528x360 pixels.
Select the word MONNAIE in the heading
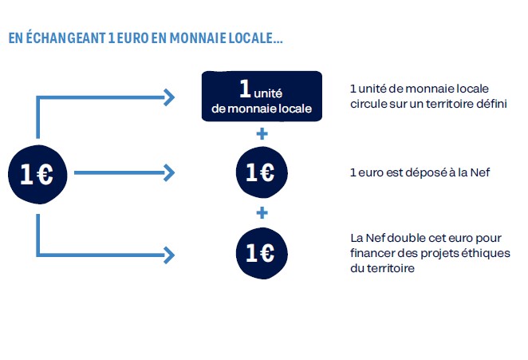[x=198, y=38]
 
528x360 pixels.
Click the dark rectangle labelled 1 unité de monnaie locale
[x=262, y=96]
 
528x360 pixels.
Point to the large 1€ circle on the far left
[x=37, y=174]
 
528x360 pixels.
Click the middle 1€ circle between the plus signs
[x=262, y=172]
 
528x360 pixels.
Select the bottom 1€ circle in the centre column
[x=262, y=253]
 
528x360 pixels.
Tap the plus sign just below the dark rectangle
[x=262, y=134]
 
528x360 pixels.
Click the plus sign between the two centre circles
[x=262, y=212]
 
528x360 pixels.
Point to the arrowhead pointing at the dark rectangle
[x=169, y=97]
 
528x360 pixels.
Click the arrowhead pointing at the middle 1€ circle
[x=169, y=172]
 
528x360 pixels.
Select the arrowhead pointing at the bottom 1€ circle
[x=169, y=255]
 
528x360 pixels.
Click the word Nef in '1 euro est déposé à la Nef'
[x=480, y=172]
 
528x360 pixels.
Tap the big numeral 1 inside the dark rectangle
[x=245, y=89]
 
